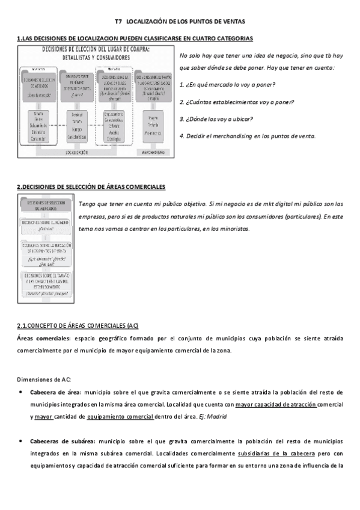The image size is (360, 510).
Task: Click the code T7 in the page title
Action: [118, 21]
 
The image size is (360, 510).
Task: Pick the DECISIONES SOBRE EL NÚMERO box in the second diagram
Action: [46, 225]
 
